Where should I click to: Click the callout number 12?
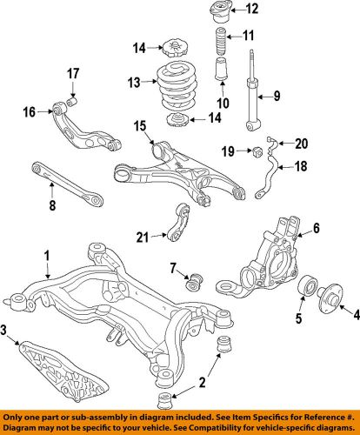click(252, 10)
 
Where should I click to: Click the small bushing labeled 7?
click(193, 282)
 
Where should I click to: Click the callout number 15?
click(140, 127)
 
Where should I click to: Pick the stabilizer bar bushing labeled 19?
click(257, 154)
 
